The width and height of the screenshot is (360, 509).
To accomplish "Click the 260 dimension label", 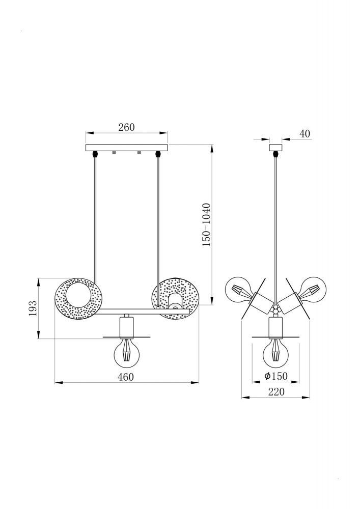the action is pos(126,127).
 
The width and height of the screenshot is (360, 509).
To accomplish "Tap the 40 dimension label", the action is pos(305,133).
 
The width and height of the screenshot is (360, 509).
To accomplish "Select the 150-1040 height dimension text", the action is pos(206,224).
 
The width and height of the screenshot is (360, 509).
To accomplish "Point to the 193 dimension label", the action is pos(33,308).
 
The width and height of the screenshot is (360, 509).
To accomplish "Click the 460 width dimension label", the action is pos(126,377).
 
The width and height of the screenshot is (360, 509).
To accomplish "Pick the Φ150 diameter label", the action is pos(276,376).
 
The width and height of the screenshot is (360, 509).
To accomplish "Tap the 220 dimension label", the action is pos(276,392).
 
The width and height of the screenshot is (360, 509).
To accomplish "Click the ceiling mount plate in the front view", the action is pos(127,148).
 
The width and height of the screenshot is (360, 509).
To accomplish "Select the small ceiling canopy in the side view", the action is pos(276,148).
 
